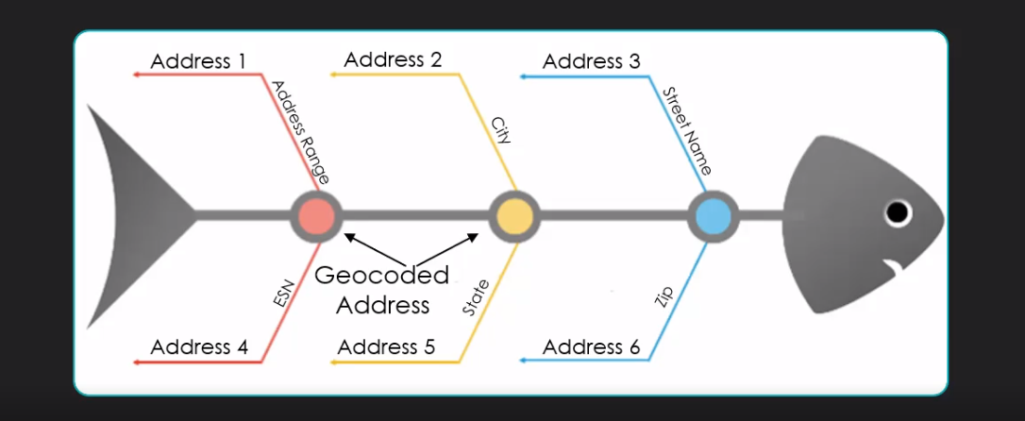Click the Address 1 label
[x=198, y=61]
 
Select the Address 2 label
[x=393, y=59]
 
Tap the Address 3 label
[x=592, y=61]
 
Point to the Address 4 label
[x=198, y=346]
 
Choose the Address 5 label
[x=386, y=346]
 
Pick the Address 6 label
[x=591, y=347]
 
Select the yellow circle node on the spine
[x=514, y=215]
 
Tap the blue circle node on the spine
[x=712, y=215]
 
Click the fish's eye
[x=897, y=212]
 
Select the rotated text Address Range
[x=300, y=131]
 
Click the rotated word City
[x=501, y=130]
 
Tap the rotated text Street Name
[x=687, y=130]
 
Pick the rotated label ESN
[x=284, y=294]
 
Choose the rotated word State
[x=476, y=296]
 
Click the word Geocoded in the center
[x=381, y=276]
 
